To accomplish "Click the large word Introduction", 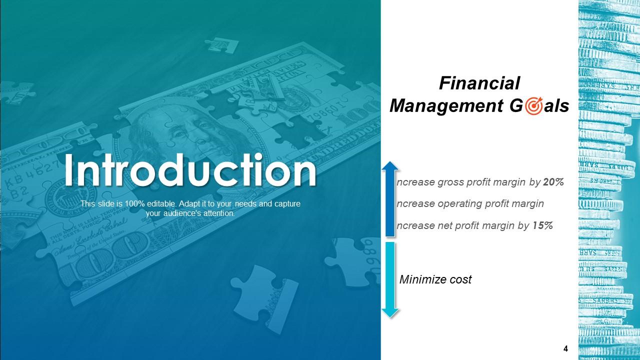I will [x=190, y=171].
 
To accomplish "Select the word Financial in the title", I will [x=479, y=83].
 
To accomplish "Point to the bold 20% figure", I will [x=553, y=182].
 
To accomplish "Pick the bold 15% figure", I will [x=542, y=225].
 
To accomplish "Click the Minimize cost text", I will [x=435, y=279].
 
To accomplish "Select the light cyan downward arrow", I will [x=390, y=280].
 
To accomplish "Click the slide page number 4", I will [x=565, y=348].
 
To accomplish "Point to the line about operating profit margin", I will [x=470, y=204].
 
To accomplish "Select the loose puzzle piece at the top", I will [x=221, y=45].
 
